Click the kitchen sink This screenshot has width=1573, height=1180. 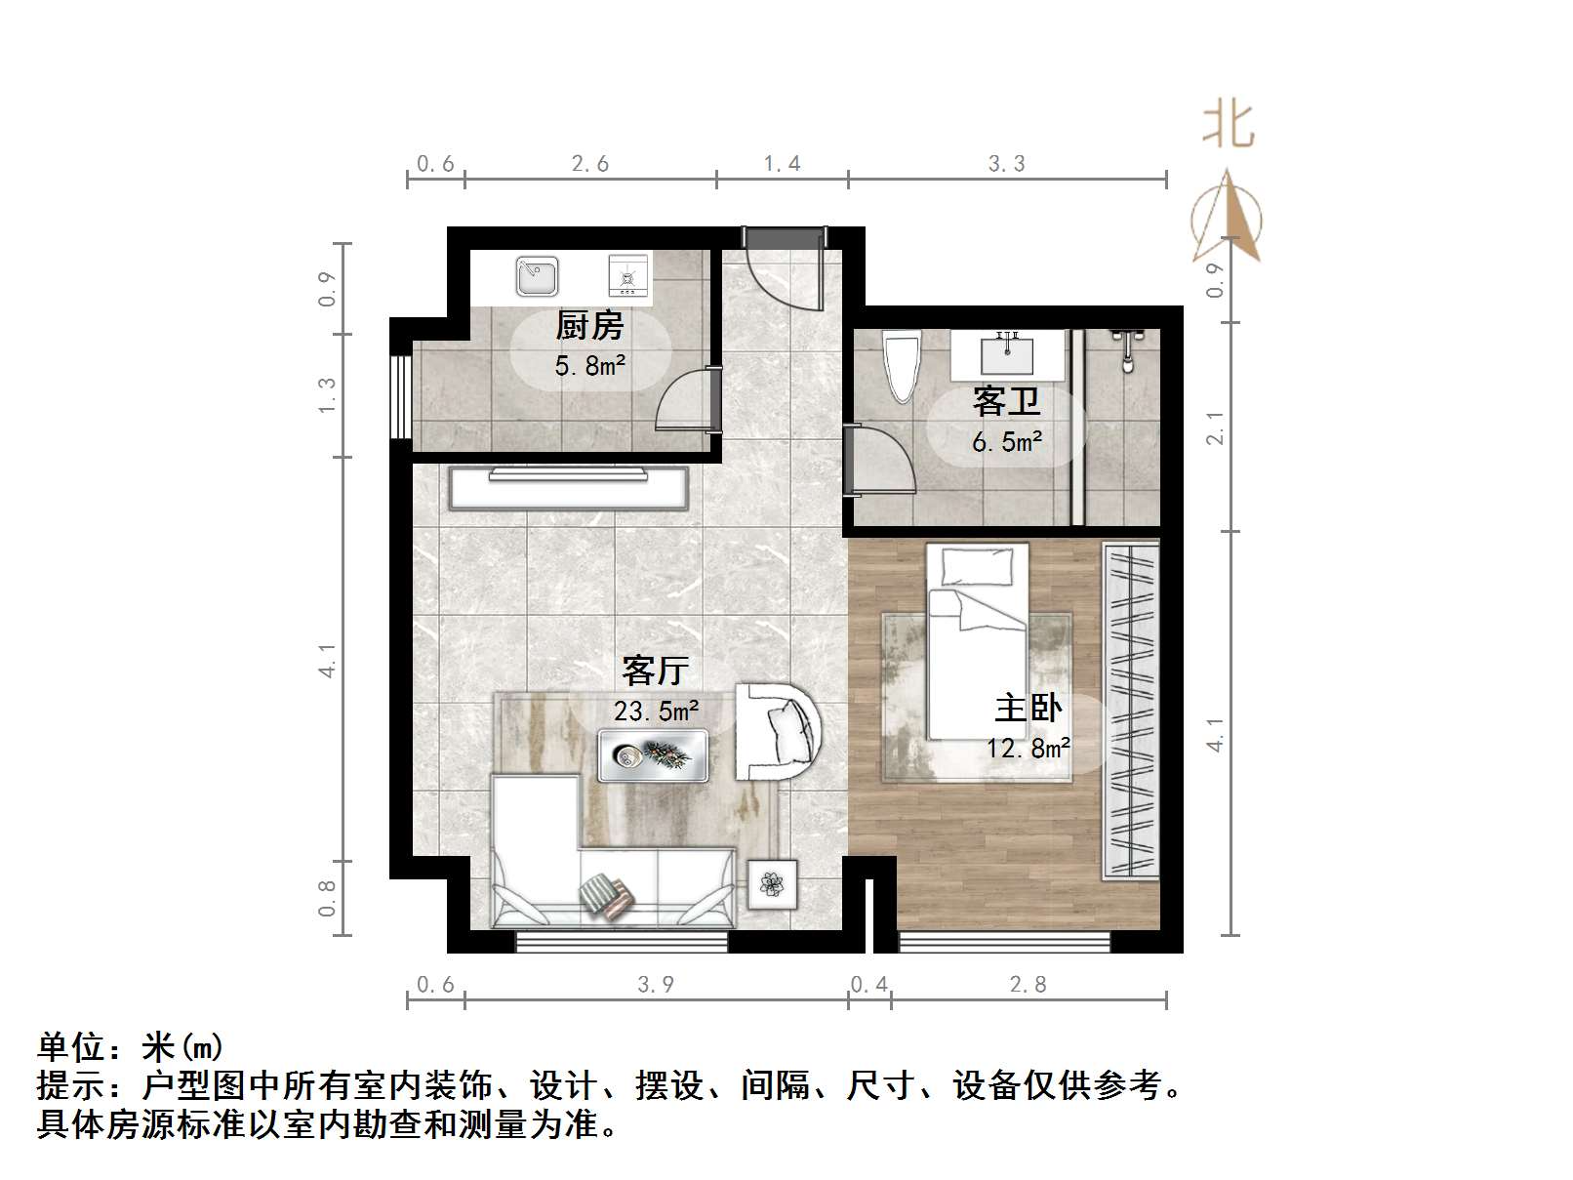click(x=537, y=277)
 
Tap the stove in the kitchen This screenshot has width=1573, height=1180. click(x=627, y=276)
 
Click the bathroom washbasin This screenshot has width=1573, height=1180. click(x=1006, y=354)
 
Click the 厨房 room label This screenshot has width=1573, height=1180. click(x=589, y=325)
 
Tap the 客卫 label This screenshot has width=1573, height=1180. click(x=1006, y=401)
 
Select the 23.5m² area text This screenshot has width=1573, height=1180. click(x=656, y=711)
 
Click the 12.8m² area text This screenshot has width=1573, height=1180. click(x=1028, y=749)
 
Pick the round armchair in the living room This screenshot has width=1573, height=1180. click(x=778, y=730)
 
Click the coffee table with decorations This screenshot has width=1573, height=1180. click(x=653, y=755)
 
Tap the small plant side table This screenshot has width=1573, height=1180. click(x=773, y=885)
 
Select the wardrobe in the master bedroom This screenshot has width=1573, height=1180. click(x=1130, y=710)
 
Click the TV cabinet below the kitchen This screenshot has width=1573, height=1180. click(x=569, y=487)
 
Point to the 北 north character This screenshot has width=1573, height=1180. click(x=1227, y=126)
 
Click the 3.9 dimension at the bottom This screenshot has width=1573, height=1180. click(x=656, y=984)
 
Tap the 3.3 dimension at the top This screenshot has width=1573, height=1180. click(x=1006, y=164)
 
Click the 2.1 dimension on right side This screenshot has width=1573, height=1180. click(x=1215, y=427)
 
